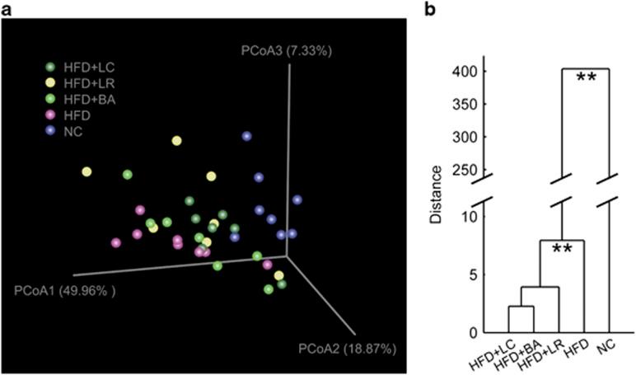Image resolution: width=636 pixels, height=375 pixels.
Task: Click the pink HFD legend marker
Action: pyautogui.click(x=50, y=115)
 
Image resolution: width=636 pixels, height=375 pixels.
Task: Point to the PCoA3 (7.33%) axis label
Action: pyautogui.click(x=286, y=51)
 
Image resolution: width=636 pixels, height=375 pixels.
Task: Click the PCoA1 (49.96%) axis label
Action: pyautogui.click(x=63, y=290)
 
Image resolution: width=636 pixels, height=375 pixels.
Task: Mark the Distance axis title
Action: pyautogui.click(x=437, y=195)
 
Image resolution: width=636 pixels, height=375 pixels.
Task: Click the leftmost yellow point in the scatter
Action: pyautogui.click(x=87, y=171)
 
